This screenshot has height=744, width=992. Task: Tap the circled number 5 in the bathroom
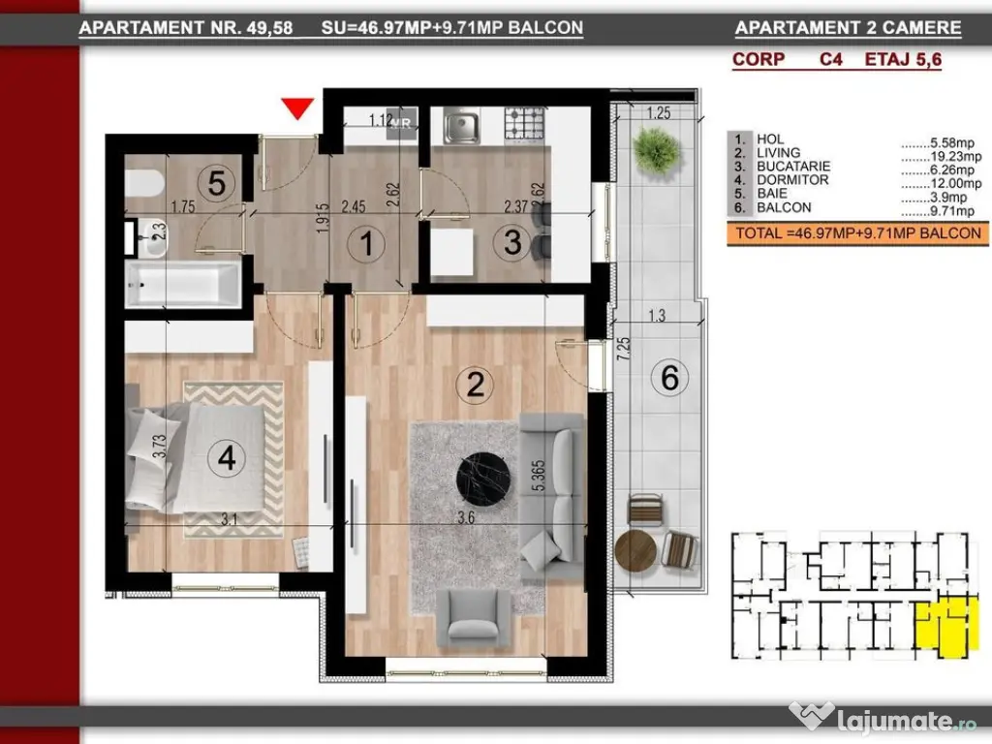(x=216, y=183)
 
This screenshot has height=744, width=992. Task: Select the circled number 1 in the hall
(x=366, y=243)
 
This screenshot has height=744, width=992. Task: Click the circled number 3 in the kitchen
(x=512, y=242)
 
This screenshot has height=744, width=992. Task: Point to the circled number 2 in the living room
(x=475, y=384)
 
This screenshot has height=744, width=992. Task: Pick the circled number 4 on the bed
(x=226, y=457)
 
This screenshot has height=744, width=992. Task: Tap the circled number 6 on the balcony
(x=670, y=378)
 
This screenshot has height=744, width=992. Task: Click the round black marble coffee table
(x=484, y=479)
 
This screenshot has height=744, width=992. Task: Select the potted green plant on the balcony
(x=657, y=150)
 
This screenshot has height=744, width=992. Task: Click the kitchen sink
(x=461, y=125)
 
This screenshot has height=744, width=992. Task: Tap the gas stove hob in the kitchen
(x=524, y=123)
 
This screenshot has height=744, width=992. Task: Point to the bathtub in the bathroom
(x=183, y=285)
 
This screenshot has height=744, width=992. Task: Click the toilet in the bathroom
(x=144, y=183)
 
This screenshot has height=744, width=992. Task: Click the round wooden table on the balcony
(x=635, y=550)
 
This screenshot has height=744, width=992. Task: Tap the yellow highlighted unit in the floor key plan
(x=943, y=627)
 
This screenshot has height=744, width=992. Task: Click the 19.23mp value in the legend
(x=955, y=156)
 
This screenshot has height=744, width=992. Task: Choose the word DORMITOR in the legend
(x=792, y=179)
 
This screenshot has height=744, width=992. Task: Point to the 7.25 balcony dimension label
(x=624, y=349)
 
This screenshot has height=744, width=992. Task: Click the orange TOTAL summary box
(x=858, y=233)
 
